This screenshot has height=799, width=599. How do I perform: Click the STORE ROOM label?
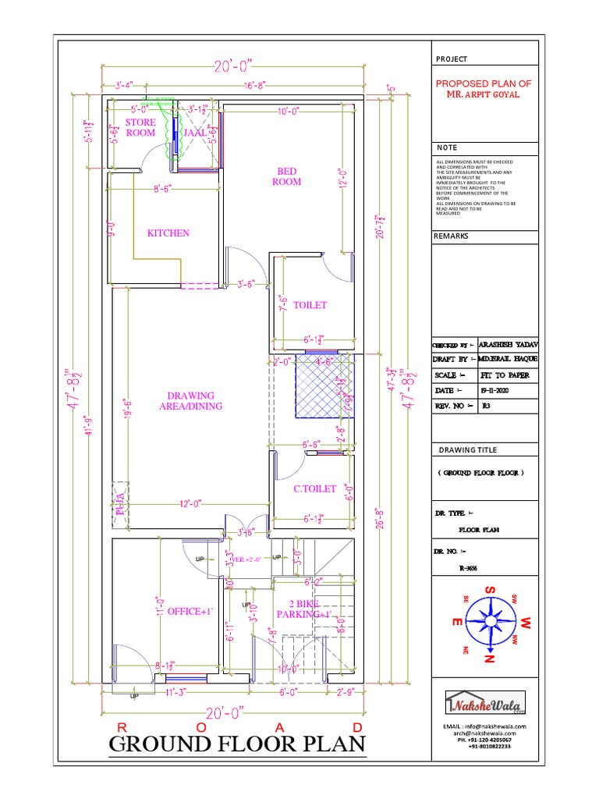point(140,127)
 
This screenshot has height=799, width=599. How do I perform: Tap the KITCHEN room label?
point(168,233)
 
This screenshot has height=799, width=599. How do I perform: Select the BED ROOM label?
point(286,176)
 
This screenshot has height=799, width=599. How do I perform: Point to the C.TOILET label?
point(314,488)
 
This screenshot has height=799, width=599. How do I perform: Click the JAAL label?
point(194,133)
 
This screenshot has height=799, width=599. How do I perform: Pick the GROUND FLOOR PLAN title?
point(237,744)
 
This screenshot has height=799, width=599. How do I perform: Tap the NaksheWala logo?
point(485,705)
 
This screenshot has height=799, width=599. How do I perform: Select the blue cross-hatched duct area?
point(323,388)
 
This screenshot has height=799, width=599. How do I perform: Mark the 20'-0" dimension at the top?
point(232,68)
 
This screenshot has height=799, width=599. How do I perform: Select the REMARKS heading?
point(451,236)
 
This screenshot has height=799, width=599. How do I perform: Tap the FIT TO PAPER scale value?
point(503,375)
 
